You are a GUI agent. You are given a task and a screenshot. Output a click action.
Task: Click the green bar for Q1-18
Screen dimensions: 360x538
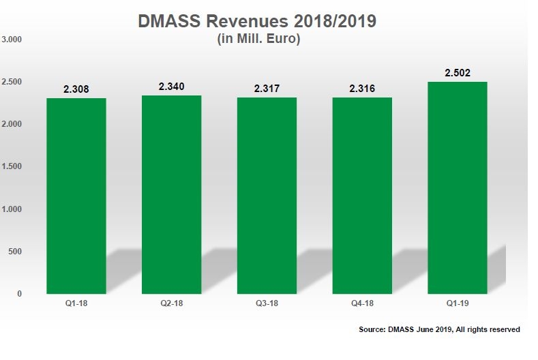(76, 196)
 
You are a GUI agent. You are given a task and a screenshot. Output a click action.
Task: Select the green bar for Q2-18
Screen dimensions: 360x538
(171, 194)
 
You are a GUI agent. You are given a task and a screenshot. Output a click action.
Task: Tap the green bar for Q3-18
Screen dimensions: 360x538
(267, 196)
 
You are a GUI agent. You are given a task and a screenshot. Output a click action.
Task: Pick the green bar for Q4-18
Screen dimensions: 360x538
(362, 196)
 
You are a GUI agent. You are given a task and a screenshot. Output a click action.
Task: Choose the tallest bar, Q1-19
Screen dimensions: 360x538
(458, 187)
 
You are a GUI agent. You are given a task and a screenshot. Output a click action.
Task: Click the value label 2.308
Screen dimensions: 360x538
(76, 89)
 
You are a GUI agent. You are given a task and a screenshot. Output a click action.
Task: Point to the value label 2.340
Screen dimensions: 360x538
(171, 87)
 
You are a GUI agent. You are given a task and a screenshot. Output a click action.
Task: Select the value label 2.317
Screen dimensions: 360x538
(267, 89)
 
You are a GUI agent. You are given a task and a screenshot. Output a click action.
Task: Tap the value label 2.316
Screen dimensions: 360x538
(362, 89)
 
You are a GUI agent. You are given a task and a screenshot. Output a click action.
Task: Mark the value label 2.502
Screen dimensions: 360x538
(458, 73)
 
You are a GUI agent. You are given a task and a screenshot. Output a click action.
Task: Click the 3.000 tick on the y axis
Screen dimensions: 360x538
(13, 40)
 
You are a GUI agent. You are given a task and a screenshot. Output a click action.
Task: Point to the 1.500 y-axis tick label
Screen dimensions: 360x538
(13, 166)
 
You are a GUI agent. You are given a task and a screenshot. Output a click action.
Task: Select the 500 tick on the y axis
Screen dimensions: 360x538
(16, 252)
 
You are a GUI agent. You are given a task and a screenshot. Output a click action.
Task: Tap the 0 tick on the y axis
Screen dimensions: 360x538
(20, 294)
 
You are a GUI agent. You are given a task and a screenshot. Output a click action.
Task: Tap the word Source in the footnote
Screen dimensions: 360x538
(374, 329)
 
